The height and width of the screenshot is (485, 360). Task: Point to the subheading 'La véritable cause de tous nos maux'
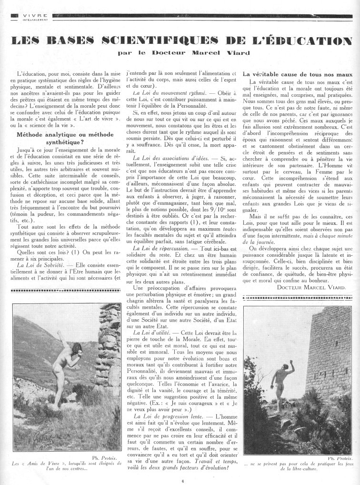point(298,74)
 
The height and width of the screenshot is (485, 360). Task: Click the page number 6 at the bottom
point(182,481)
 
